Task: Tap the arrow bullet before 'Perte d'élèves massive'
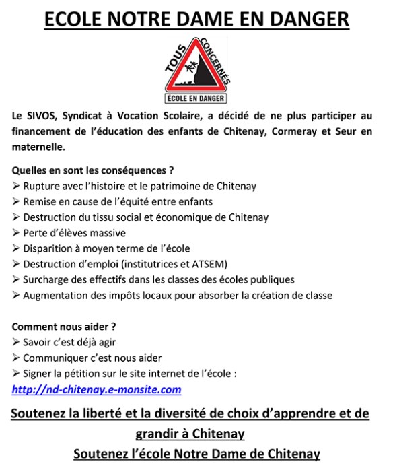pos(16,233)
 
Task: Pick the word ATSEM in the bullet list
pos(210,264)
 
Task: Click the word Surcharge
pos(46,279)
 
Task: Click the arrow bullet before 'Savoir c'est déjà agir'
pos(16,341)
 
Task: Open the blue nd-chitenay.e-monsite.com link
pos(96,389)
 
